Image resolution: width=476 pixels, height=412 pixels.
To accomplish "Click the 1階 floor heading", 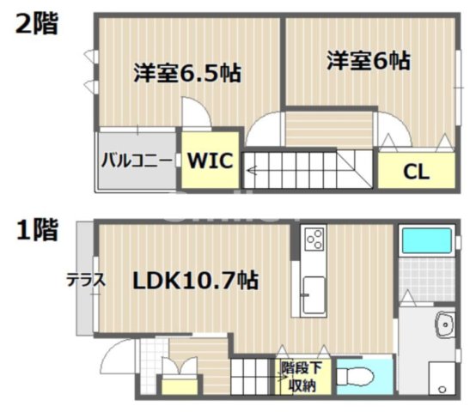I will (35, 229).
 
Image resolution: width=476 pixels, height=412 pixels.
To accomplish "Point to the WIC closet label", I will (210, 160).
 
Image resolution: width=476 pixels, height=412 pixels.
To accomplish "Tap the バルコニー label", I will (135, 160).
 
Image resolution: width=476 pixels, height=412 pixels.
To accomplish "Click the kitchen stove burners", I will (314, 238).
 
